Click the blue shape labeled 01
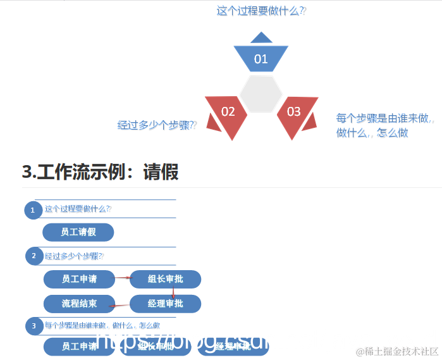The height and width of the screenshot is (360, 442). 261,58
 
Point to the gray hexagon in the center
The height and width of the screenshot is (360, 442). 261,94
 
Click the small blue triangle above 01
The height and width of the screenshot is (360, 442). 261,37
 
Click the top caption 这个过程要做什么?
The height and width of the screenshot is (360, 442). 261,11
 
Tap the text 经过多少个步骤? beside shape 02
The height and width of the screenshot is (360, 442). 157,125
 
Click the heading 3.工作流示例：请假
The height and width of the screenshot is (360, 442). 100,171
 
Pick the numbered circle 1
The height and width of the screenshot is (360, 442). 33,210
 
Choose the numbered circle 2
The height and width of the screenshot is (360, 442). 34,256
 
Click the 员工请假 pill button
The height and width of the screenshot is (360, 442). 78,232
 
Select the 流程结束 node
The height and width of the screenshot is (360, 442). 79,304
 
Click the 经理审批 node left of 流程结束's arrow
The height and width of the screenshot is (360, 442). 165,304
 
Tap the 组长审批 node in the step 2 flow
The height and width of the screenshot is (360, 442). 165,279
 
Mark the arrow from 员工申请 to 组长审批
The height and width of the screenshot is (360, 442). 122,277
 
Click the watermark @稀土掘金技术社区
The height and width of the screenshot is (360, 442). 397,351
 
